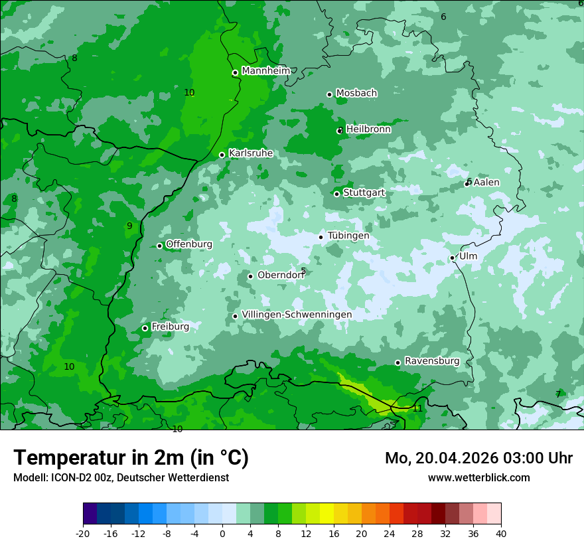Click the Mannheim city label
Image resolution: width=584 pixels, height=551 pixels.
click(265, 71)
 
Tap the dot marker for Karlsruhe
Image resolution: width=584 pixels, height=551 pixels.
click(222, 155)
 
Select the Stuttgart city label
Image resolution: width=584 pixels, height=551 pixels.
click(364, 193)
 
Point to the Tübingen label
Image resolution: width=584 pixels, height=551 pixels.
click(348, 236)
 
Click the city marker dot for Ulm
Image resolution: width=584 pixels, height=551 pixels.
click(453, 258)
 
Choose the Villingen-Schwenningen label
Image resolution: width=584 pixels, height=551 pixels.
click(297, 315)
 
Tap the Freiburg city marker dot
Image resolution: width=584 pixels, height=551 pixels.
click(145, 329)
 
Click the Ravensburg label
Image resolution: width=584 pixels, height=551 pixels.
click(432, 361)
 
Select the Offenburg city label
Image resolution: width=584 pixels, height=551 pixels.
click(189, 244)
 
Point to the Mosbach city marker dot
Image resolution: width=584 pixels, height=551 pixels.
click(329, 94)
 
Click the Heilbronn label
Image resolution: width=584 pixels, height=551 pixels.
click(368, 129)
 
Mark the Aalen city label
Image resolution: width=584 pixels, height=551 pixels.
click(486, 183)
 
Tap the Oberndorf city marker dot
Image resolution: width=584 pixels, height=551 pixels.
click(250, 277)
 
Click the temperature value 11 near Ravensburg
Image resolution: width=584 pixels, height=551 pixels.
click(417, 408)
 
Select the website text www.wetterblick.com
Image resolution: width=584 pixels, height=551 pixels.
click(478, 477)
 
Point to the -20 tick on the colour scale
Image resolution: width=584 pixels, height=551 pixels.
click(83, 533)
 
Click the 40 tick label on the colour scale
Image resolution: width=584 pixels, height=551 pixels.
click(501, 533)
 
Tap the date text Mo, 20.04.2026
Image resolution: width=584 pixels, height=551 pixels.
click(431, 458)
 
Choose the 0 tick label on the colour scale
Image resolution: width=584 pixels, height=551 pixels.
click(222, 533)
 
